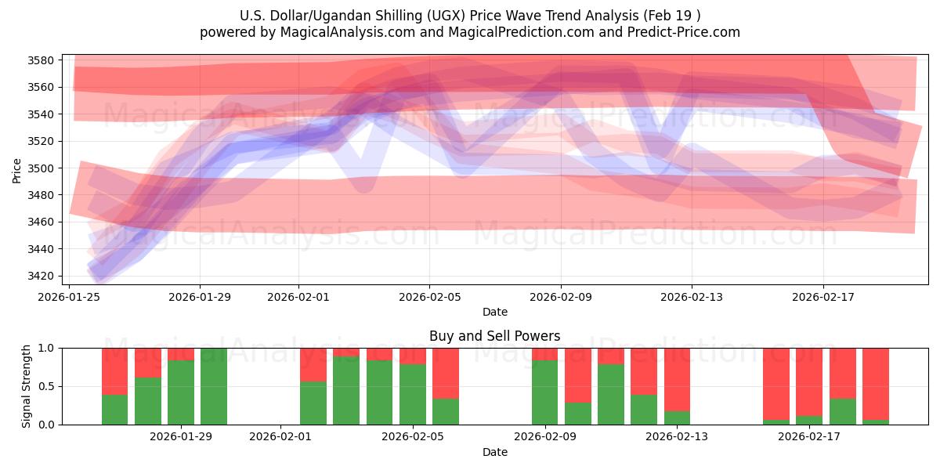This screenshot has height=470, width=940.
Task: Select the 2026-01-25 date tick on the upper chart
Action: [70, 297]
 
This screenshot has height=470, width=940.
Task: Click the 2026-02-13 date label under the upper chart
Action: [692, 297]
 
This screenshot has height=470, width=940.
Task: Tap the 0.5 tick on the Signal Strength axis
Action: [46, 386]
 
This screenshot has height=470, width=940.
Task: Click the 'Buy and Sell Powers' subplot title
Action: [494, 336]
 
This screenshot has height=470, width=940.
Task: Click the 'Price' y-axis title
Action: [17, 169]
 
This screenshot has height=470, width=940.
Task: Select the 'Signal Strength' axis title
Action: [26, 386]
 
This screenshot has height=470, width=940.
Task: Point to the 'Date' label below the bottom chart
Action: [494, 452]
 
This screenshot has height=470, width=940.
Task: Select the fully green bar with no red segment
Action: [214, 386]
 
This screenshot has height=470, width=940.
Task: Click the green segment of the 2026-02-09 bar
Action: [545, 392]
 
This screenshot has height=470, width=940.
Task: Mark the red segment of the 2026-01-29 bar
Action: [181, 354]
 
